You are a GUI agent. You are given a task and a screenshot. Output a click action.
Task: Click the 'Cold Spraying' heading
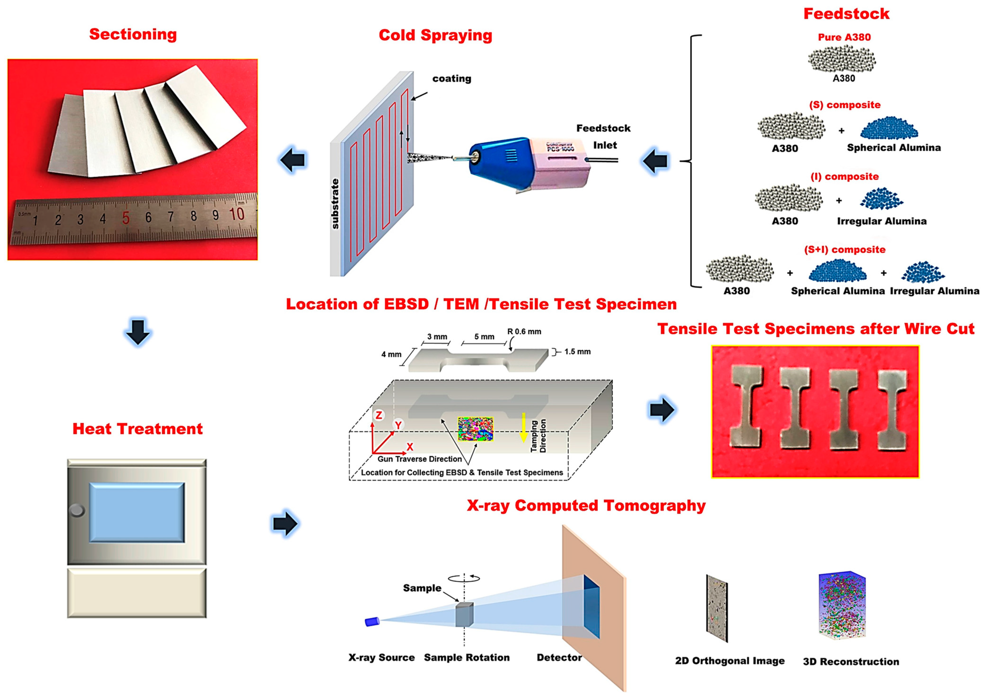click(x=435, y=35)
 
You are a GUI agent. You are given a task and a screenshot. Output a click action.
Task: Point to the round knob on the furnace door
click(x=77, y=511)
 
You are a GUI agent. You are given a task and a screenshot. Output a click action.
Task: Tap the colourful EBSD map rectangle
click(x=475, y=429)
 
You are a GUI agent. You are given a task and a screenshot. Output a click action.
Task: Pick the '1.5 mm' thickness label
click(x=577, y=352)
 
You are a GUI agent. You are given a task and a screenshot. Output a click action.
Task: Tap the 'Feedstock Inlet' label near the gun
click(x=603, y=137)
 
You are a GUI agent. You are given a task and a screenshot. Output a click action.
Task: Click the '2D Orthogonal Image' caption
click(x=729, y=661)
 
